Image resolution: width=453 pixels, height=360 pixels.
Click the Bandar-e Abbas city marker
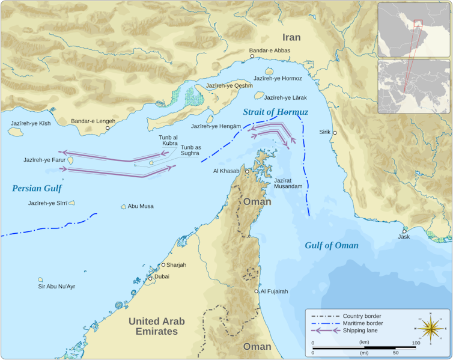(252, 56)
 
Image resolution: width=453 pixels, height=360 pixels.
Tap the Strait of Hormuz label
(275, 112)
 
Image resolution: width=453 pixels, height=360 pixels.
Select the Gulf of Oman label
(331, 245)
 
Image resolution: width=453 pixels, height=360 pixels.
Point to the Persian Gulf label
(37, 188)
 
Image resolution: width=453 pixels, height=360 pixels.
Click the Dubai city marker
(151, 278)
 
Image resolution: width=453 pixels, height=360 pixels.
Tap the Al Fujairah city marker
(257, 291)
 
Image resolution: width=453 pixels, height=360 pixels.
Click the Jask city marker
(405, 231)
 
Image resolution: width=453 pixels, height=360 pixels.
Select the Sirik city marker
(335, 132)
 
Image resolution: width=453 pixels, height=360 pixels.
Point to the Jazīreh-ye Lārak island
(259, 96)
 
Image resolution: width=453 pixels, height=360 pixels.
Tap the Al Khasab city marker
(246, 171)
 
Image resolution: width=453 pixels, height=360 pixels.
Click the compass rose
(431, 329)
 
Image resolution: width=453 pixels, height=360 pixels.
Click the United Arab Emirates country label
(156, 326)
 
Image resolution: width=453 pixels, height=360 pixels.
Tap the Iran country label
(291, 37)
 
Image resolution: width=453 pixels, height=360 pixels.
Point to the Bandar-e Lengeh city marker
(108, 128)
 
